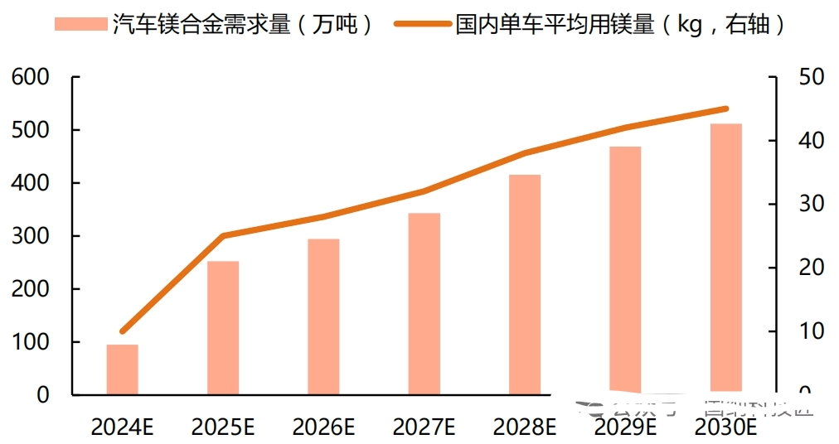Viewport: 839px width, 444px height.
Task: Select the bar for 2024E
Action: click(122, 369)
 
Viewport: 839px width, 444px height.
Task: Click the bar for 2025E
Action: click(223, 328)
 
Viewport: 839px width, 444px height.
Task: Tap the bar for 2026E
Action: click(323, 316)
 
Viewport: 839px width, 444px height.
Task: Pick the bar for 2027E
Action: click(424, 304)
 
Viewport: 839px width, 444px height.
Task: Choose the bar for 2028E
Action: click(525, 284)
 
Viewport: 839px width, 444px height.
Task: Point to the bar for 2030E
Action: click(725, 257)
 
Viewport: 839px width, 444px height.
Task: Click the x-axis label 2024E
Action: click(123, 427)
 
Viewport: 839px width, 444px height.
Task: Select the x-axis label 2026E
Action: click(323, 427)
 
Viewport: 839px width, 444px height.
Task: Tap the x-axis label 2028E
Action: click(525, 427)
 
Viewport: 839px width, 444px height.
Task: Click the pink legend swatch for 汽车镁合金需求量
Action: click(80, 24)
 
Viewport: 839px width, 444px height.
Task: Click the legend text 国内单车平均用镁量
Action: click(552, 24)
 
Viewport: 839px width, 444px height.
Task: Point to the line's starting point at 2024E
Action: click(123, 331)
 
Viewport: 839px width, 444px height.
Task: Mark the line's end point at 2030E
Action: click(725, 109)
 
